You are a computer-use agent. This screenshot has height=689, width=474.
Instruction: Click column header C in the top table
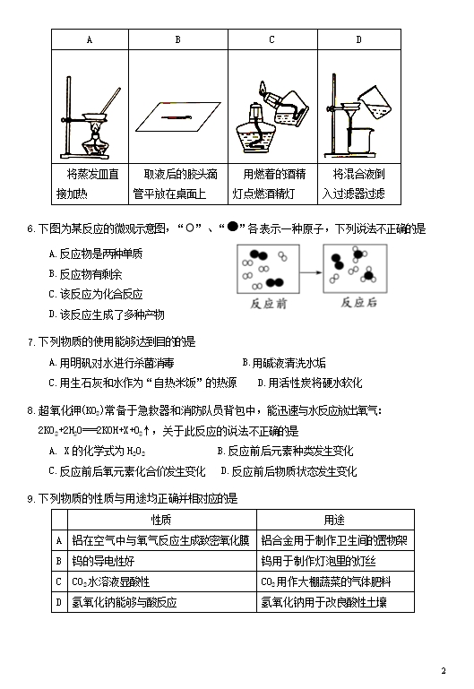click(271, 39)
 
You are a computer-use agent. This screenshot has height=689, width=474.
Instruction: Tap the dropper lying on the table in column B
click(177, 116)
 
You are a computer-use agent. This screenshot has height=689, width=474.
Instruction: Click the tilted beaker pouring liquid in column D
click(375, 103)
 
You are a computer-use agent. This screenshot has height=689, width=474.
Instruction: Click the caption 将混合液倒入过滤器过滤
click(354, 184)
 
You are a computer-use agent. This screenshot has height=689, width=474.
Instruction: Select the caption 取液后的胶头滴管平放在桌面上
click(176, 184)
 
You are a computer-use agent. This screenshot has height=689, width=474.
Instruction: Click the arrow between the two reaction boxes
click(311, 272)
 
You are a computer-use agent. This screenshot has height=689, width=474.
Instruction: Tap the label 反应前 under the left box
click(269, 303)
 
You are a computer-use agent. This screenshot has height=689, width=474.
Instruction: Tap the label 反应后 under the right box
click(359, 302)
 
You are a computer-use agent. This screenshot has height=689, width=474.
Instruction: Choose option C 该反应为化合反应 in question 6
click(96, 294)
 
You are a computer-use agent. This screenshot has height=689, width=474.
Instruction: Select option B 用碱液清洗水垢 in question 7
click(284, 363)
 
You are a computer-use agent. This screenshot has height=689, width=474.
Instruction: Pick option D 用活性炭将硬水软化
click(310, 383)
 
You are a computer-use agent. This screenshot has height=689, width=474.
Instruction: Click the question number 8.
click(30, 411)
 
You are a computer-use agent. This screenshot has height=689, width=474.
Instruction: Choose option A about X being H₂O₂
click(97, 452)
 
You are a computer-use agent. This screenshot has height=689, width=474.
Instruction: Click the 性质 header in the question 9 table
click(161, 520)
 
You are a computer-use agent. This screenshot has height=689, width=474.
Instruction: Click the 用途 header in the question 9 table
click(334, 520)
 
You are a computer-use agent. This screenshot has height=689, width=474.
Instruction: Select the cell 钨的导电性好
click(103, 561)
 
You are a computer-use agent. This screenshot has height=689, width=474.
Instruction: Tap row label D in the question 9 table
click(59, 602)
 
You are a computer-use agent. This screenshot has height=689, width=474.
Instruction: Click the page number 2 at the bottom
click(444, 670)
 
